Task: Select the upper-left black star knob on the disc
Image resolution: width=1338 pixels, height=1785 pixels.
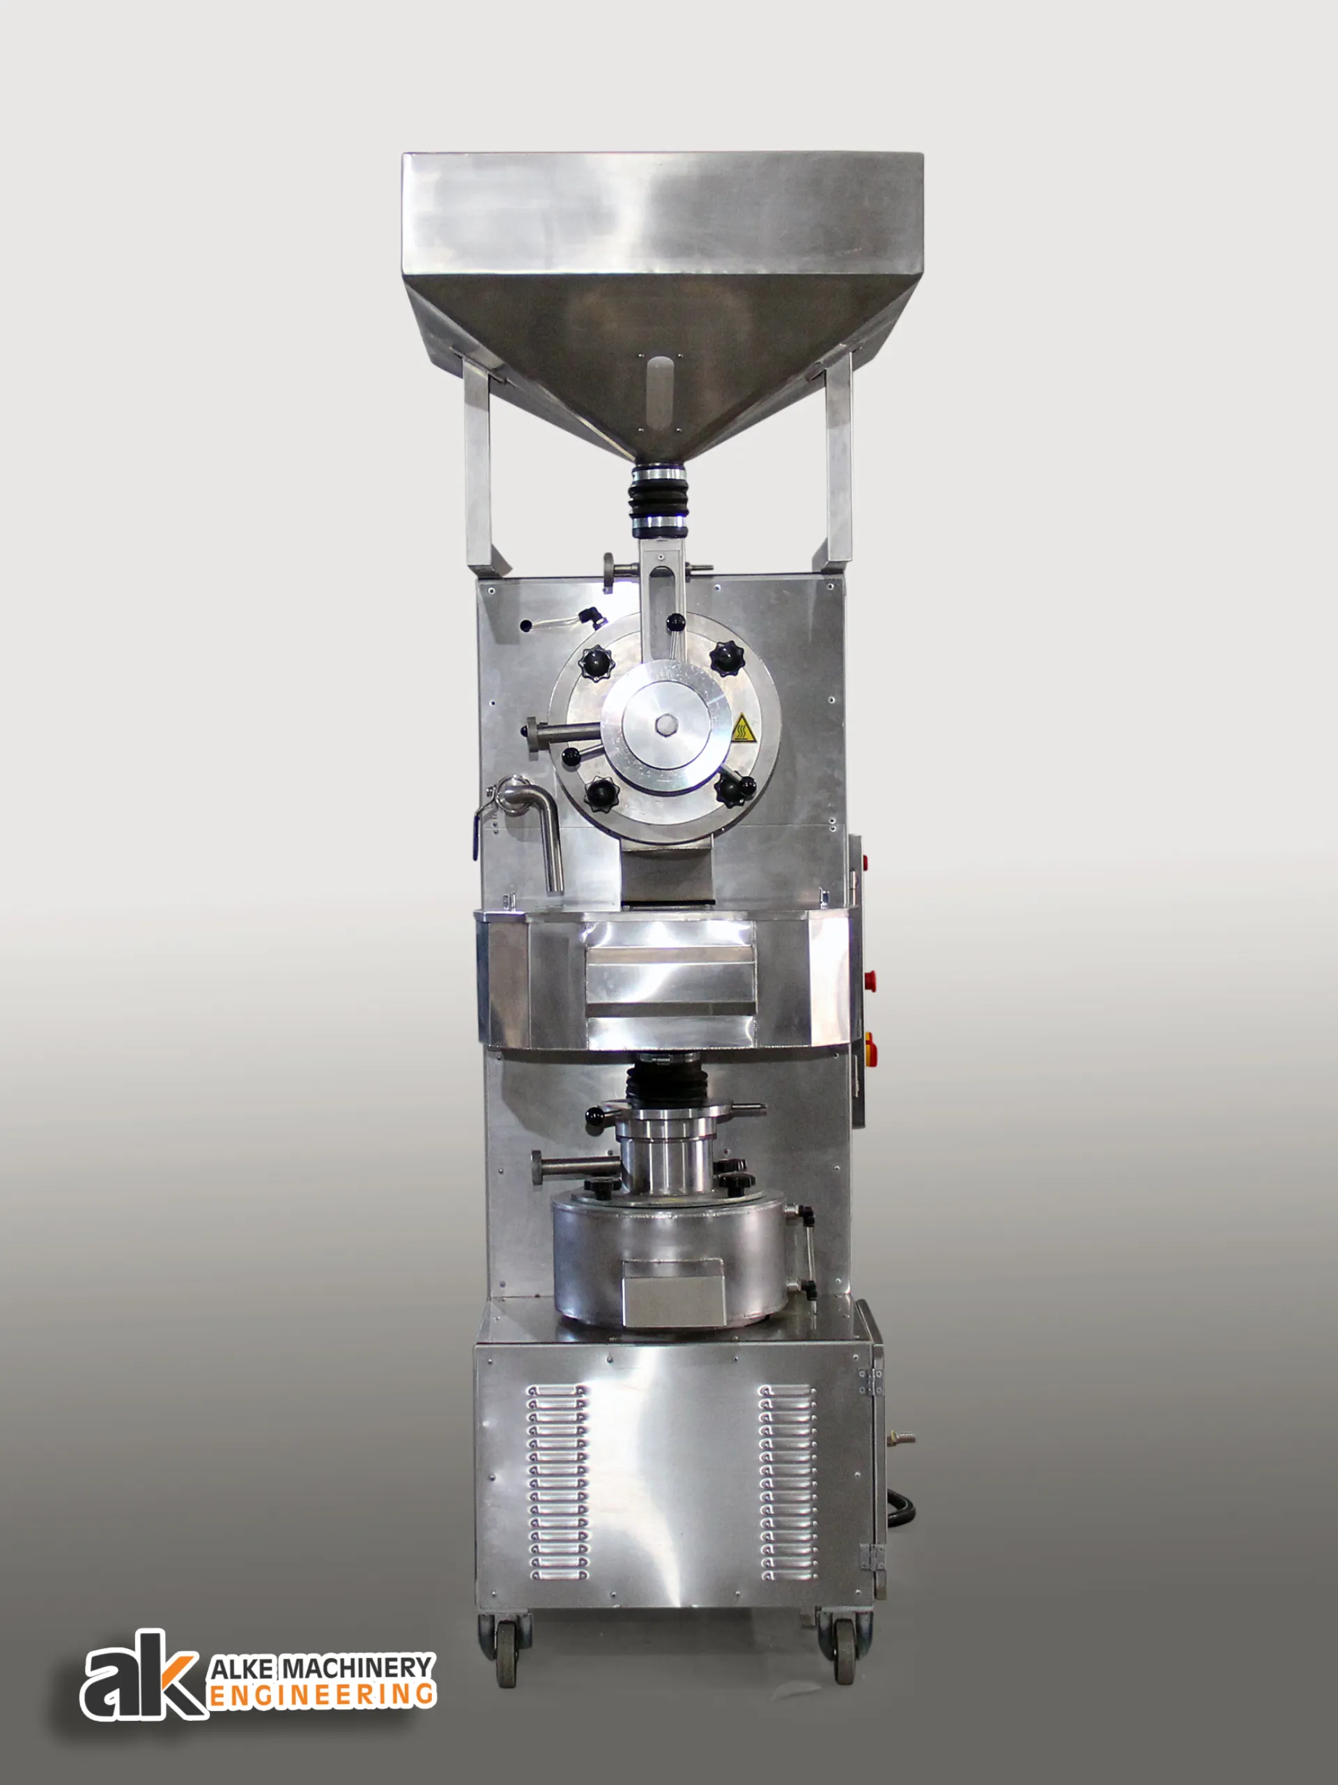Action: click(x=596, y=662)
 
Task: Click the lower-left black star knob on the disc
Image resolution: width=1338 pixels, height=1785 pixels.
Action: click(x=600, y=794)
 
